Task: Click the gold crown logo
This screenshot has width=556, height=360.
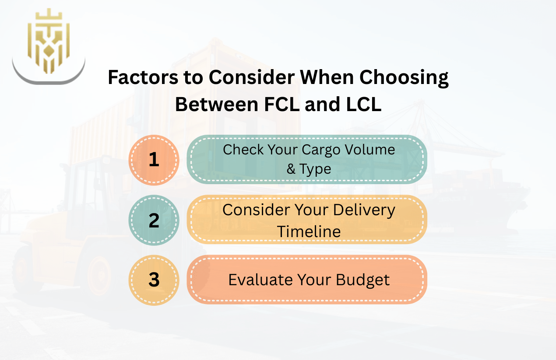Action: point(48,42)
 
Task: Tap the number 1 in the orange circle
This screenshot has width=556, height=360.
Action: point(154,160)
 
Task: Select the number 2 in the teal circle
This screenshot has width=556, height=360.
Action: point(154,220)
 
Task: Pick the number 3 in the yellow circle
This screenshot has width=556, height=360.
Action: point(154,280)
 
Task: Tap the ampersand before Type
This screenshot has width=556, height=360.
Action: point(291,169)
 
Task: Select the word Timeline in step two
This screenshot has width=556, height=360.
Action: point(309,231)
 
